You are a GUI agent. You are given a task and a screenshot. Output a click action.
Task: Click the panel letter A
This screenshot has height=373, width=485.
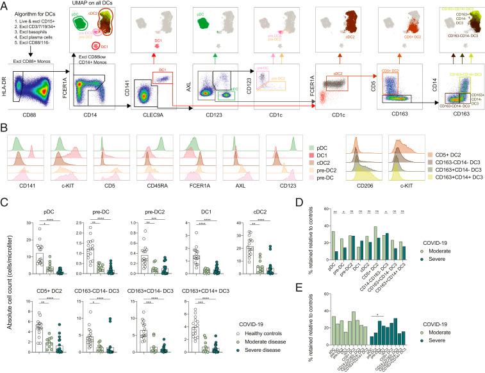click(x=5, y=5)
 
